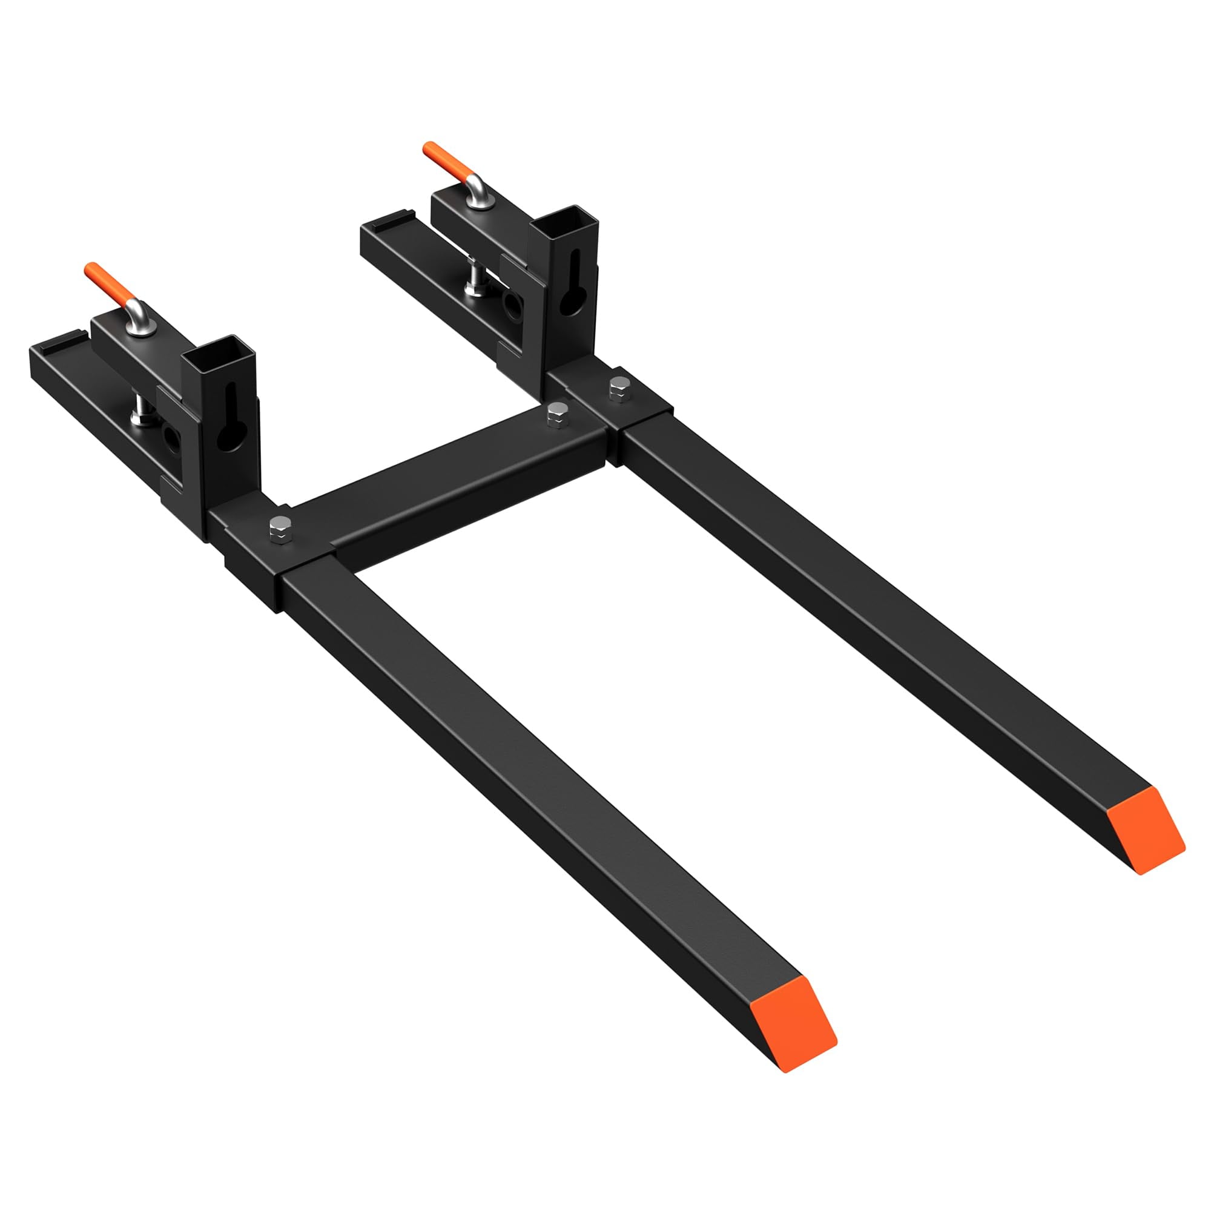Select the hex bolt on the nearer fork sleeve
tap(281, 530)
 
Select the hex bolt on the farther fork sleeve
tap(619, 389)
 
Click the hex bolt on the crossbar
tap(556, 414)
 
